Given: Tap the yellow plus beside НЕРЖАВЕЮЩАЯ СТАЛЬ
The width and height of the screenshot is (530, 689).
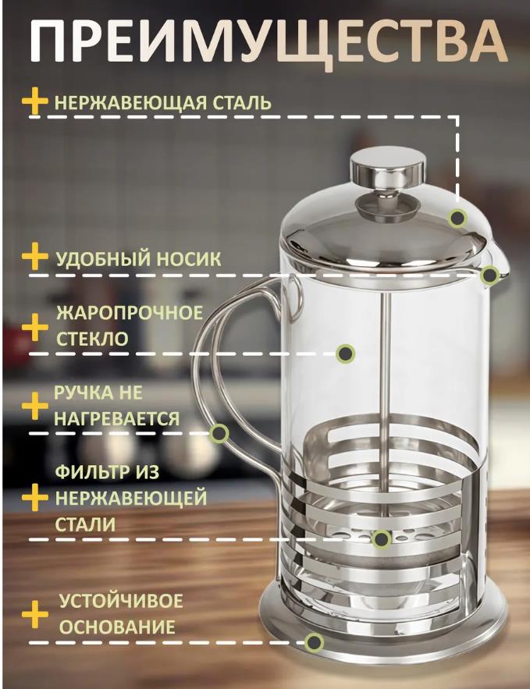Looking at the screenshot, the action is click(x=34, y=101).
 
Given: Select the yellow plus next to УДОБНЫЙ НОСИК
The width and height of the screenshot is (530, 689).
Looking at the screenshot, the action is click(x=34, y=257).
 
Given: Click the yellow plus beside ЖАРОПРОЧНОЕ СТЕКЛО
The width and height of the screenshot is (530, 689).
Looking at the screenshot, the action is click(x=34, y=327).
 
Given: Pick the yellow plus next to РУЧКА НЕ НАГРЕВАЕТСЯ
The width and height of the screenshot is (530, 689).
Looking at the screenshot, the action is click(x=34, y=406).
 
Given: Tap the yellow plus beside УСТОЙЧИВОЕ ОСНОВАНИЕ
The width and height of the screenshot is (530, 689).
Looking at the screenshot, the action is click(x=34, y=615).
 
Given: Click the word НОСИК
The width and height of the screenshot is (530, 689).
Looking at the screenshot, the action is click(x=189, y=259).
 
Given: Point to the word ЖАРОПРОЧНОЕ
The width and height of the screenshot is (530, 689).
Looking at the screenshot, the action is click(x=130, y=313).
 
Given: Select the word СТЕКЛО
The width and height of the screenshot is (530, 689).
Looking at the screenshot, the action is click(x=92, y=339).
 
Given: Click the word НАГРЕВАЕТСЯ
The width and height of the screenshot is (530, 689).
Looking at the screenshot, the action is click(x=117, y=418).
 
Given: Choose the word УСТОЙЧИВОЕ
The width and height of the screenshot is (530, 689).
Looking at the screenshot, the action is click(x=121, y=601).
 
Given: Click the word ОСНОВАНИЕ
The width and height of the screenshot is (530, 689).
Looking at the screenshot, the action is click(x=117, y=627).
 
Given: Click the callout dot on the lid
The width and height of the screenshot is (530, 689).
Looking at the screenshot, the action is click(x=457, y=218).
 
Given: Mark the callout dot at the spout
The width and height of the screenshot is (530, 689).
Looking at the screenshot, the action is click(x=489, y=275).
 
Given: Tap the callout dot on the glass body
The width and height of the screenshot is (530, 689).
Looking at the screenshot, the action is click(x=346, y=353).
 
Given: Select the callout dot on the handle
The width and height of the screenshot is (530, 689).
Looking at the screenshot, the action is click(x=219, y=433).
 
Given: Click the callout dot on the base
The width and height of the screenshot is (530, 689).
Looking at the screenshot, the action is click(x=314, y=642).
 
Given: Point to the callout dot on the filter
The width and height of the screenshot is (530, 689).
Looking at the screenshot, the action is click(x=381, y=538).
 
